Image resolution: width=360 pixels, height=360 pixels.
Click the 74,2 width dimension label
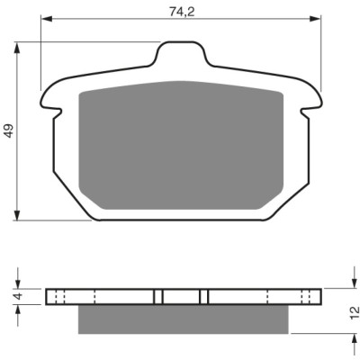[x=182, y=12]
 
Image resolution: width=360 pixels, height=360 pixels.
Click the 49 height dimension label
[x=10, y=130]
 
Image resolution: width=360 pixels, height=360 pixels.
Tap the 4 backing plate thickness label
[x=18, y=296]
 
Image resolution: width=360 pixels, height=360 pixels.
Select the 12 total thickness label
[x=355, y=313]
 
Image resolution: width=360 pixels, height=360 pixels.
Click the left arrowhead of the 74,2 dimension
[x=46, y=19]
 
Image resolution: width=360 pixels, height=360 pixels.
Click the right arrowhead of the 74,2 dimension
[x=315, y=19]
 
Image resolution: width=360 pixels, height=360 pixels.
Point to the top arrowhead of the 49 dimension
[x=17, y=48]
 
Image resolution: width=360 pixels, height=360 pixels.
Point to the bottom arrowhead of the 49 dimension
[x=17, y=215]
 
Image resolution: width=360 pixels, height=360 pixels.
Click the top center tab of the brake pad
[x=181, y=53]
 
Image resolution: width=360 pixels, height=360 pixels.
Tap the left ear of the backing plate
[x=51, y=97]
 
